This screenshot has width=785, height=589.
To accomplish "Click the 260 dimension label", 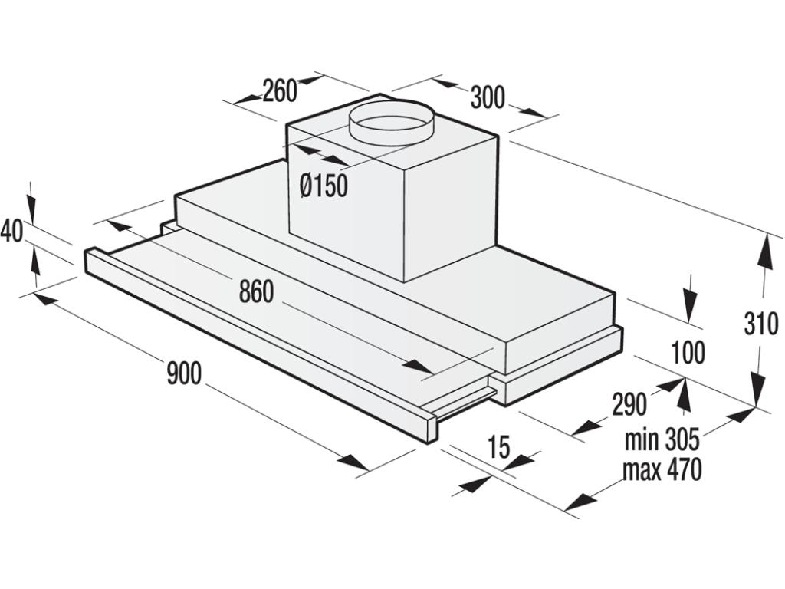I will tap(279, 91).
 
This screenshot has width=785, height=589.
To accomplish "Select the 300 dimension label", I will tap(488, 97).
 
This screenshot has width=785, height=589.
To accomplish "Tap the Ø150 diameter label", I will tap(324, 186).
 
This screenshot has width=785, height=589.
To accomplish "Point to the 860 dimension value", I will tap(256, 291).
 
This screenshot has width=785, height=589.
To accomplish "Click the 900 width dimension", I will tap(184, 373).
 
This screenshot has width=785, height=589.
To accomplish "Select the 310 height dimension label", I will tap(761, 324).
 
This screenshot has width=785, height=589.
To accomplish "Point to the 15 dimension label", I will tap(498, 448).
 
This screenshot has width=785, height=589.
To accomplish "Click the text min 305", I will tap(662, 440).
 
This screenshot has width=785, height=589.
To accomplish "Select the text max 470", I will tap(662, 469).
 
